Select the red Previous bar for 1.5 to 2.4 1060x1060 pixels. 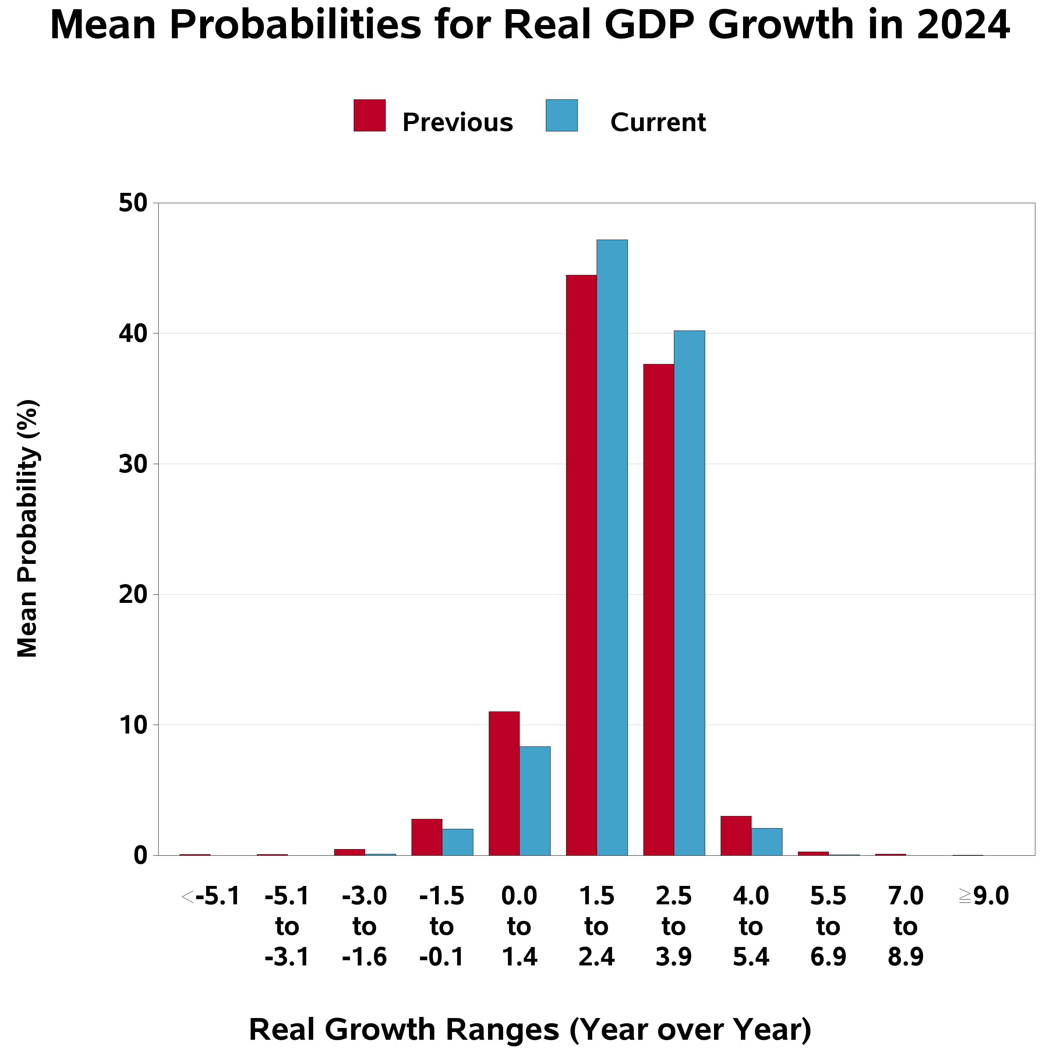(x=581, y=565)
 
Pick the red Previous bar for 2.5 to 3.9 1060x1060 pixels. (x=658, y=609)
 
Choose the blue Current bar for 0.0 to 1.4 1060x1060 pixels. (x=534, y=801)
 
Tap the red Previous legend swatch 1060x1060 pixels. (x=369, y=115)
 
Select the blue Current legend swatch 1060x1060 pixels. (x=561, y=115)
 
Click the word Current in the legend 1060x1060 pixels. (x=657, y=122)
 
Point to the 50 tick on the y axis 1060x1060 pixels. (x=133, y=204)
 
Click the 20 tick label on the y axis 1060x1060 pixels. (x=133, y=595)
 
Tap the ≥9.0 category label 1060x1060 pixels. (x=983, y=897)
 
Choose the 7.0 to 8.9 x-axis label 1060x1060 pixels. (x=905, y=927)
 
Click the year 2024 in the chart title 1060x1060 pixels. (x=962, y=25)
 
